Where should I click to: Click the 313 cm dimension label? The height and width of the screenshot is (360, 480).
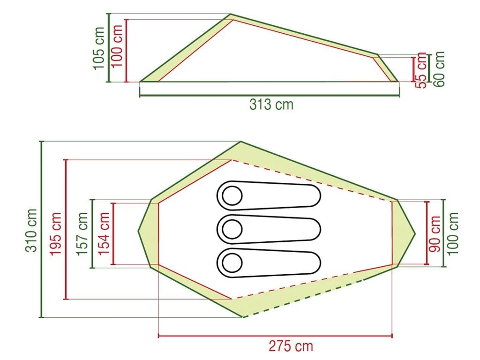pyautogui.click(x=271, y=104)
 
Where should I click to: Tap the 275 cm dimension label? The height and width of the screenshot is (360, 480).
pyautogui.click(x=291, y=346)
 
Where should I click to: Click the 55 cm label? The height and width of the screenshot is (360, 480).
pyautogui.click(x=421, y=70)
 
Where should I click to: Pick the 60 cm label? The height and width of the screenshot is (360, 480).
pyautogui.click(x=439, y=69)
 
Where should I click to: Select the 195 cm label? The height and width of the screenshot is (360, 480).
pyautogui.click(x=56, y=233)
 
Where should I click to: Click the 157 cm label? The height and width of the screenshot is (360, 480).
pyautogui.click(x=82, y=233)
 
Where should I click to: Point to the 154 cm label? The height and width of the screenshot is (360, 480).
pyautogui.click(x=104, y=233)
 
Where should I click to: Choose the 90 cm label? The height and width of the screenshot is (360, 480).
pyautogui.click(x=435, y=233)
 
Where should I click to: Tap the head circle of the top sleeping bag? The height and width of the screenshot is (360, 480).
pyautogui.click(x=232, y=196)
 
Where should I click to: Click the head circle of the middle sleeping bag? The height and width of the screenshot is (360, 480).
pyautogui.click(x=232, y=230)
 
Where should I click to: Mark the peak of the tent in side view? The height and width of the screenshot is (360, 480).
pyautogui.click(x=231, y=15)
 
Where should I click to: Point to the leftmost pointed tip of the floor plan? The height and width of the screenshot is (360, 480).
pyautogui.click(x=138, y=231)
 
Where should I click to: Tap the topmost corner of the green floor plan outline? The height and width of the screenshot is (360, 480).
pyautogui.click(x=241, y=142)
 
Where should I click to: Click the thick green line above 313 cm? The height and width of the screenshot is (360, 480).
pyautogui.click(x=269, y=96)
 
